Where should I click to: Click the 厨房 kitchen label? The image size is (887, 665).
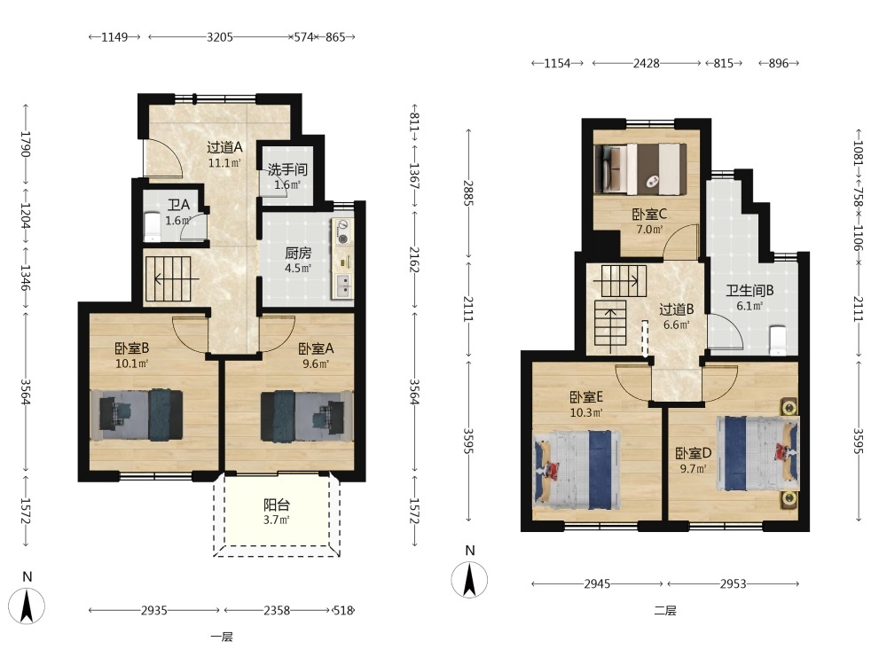pos(298,253)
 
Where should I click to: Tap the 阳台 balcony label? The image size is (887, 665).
pos(277,505)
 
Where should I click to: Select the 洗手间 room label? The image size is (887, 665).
pos(287,169)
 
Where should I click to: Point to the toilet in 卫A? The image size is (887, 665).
pos(152,224)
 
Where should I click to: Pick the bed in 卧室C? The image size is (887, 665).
pos(640,169)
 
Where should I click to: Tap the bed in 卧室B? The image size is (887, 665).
pos(137,415)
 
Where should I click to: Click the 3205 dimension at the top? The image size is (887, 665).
pos(219,37)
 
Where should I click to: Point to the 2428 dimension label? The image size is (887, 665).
pos(646,63)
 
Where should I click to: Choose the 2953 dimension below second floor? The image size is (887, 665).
pos(734,583)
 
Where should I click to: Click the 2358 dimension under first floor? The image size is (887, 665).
pos(277,610)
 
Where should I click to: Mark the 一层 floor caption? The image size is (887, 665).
pos(222,637)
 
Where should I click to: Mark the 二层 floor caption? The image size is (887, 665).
pos(665,610)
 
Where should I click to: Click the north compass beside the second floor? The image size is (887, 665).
pos(469,579)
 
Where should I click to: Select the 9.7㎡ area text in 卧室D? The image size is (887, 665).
pos(693,469)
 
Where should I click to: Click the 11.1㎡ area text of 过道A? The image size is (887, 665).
pos(224,163)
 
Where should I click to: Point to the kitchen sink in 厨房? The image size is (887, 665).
pos(343,286)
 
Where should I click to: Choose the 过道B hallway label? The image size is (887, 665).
pos(677,309)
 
